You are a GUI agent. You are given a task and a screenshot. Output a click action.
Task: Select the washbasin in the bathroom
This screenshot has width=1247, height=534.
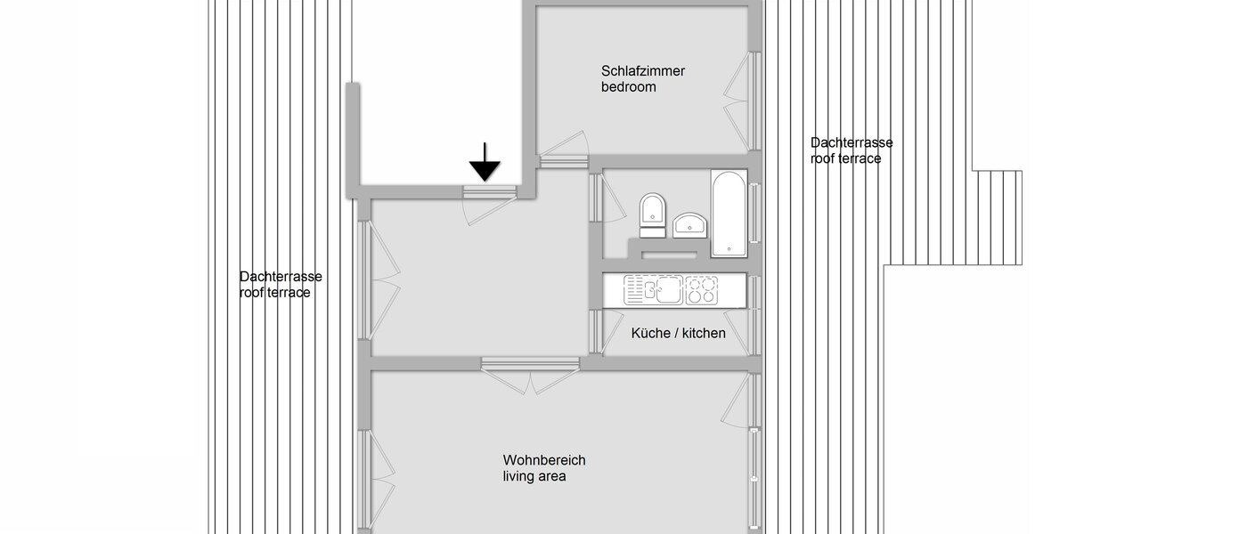[689, 224]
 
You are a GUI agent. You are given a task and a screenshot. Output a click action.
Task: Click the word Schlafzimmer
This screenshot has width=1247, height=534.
[643, 71]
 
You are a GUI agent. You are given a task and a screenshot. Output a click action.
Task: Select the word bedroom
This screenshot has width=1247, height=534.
[629, 87]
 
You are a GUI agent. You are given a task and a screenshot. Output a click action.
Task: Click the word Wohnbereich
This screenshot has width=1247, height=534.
[544, 460]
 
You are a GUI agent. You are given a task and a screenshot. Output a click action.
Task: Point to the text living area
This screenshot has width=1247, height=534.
[534, 476]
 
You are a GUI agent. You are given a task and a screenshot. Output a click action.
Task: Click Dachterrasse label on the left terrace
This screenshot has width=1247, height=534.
[281, 276]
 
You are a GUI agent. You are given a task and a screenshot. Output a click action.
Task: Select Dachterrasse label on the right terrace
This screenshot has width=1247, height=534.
[852, 142]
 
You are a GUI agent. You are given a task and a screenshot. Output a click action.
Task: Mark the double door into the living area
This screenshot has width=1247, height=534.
[530, 374]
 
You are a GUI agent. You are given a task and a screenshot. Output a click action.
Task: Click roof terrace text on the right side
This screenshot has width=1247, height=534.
[845, 158]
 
